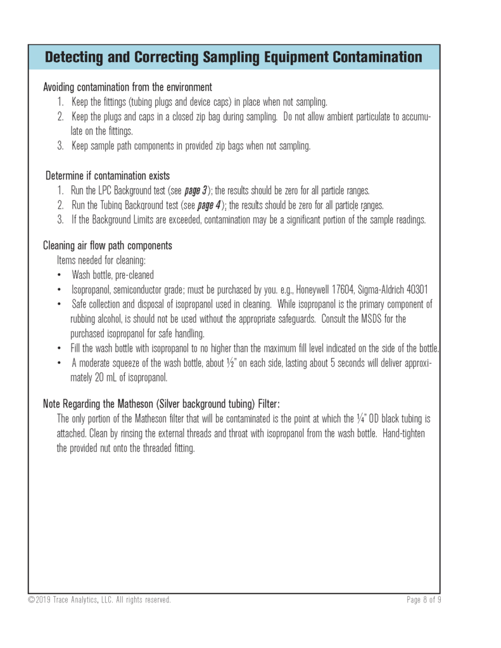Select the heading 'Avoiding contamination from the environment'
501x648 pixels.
127,87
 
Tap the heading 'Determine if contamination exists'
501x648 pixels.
108,176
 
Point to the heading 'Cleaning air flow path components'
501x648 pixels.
108,246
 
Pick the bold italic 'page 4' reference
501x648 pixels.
209,205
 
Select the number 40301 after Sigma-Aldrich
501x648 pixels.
414,289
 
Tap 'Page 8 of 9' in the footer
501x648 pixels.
424,600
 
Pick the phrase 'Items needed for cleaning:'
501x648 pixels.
99,260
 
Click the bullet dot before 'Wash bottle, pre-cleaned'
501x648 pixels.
60,275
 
